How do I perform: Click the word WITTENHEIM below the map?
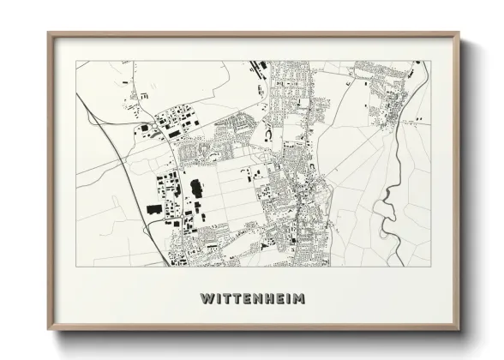pos(252,299)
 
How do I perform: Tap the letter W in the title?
pos(206,299)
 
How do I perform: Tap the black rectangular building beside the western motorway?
pos(153,208)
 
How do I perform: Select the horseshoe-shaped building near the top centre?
pos(267,132)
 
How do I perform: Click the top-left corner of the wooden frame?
pos(49,34)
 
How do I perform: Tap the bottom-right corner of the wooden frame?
pos(459,329)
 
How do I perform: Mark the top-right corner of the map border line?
pos(429,61)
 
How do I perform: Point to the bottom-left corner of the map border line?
pos(76,267)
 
